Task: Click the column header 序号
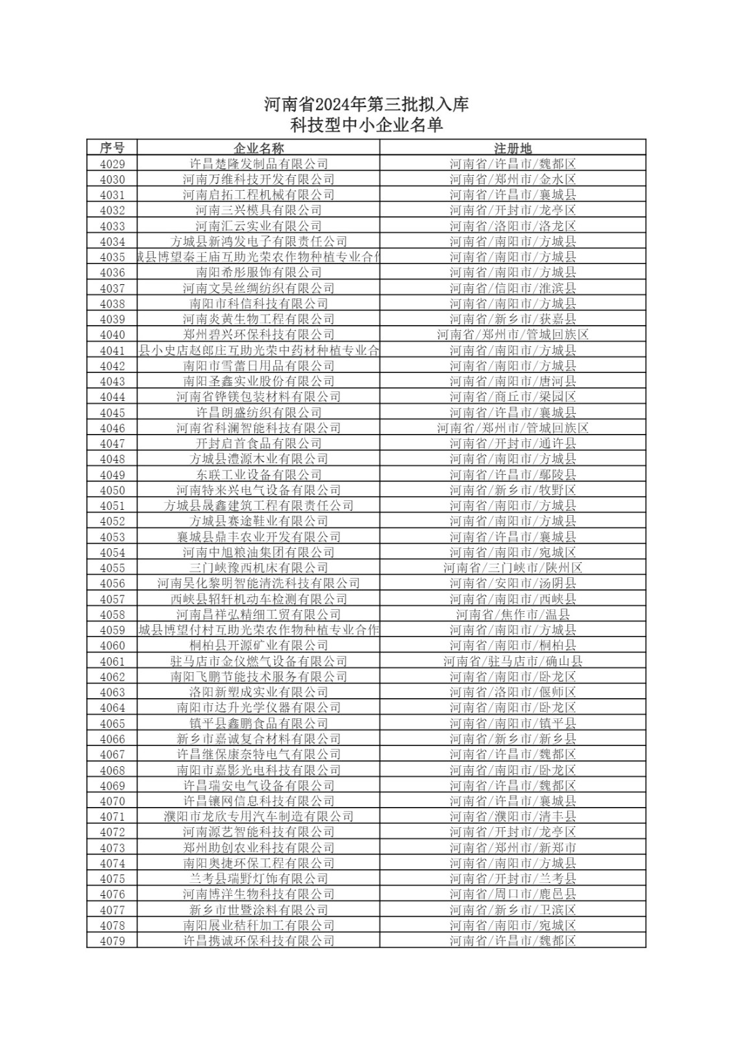click(x=112, y=148)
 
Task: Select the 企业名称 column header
click(x=258, y=148)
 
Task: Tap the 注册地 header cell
click(x=513, y=148)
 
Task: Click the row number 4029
click(x=112, y=164)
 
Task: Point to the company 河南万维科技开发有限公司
click(x=258, y=180)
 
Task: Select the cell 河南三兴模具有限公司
click(x=258, y=210)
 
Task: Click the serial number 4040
click(x=112, y=335)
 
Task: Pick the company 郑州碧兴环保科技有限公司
click(x=258, y=335)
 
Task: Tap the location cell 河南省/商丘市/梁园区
click(x=513, y=397)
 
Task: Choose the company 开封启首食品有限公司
click(x=258, y=444)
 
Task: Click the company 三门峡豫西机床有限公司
click(x=258, y=568)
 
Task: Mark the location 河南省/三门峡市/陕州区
click(x=513, y=568)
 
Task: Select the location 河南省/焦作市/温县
click(x=513, y=614)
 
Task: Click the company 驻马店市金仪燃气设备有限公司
click(x=258, y=661)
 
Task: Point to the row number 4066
click(x=112, y=739)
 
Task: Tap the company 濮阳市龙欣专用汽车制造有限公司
click(x=258, y=817)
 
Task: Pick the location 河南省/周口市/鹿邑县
click(x=513, y=895)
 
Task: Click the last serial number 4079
click(x=112, y=941)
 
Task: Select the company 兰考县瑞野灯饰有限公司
click(x=258, y=879)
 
